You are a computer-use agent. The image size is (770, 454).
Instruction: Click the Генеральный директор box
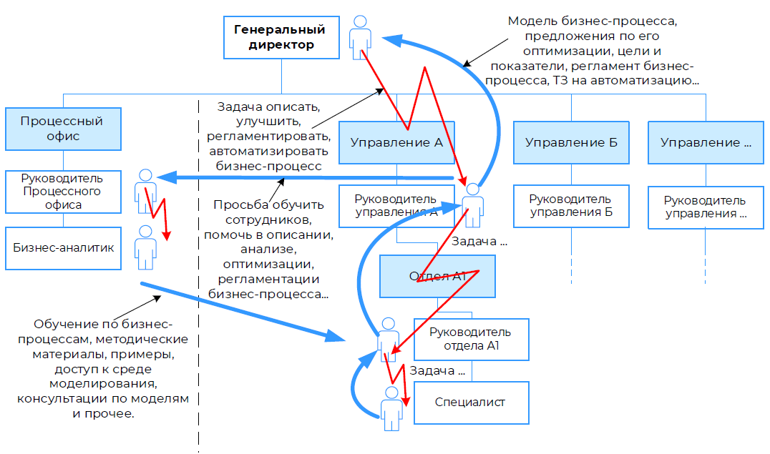pyautogui.click(x=281, y=38)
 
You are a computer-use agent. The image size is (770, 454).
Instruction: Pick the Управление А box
pyautogui.click(x=396, y=142)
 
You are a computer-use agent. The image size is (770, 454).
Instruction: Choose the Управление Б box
pyautogui.click(x=571, y=142)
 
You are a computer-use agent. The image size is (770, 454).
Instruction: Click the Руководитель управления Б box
pyautogui.click(x=571, y=206)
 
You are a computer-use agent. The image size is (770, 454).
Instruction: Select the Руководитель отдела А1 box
pyautogui.click(x=470, y=339)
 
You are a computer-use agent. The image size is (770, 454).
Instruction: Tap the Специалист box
pyautogui.click(x=470, y=402)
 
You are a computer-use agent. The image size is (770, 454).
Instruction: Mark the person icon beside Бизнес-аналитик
pyautogui.click(x=146, y=247)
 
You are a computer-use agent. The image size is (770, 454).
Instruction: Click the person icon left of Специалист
pyautogui.click(x=391, y=408)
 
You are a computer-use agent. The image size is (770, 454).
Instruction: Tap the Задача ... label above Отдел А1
pyautogui.click(x=479, y=242)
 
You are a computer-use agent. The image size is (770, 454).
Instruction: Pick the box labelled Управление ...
pyautogui.click(x=706, y=142)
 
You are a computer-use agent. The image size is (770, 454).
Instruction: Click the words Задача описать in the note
pyautogui.click(x=268, y=107)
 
